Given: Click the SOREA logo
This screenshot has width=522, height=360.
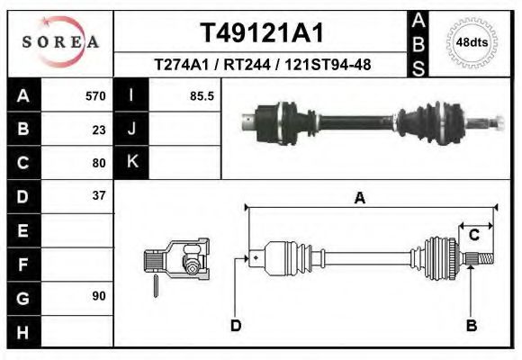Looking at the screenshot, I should coord(60,42).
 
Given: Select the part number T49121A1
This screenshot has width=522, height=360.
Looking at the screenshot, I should coord(261,32).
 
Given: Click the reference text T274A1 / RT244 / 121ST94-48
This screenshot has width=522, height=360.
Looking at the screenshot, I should coord(261,65).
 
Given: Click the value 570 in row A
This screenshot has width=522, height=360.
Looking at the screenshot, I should coord(95,96).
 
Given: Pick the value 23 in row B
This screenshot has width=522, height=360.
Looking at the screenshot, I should coord(99,130).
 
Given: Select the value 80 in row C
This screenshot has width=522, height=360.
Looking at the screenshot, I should coord(99,163).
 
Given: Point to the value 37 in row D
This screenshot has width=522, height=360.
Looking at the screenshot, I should coord(99,195).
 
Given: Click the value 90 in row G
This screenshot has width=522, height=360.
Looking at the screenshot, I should coord(99,296).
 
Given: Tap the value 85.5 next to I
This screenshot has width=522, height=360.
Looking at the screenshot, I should coord(202,96).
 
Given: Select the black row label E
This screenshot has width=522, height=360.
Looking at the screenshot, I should coord(22,230).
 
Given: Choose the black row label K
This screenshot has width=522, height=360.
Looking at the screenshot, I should coord(131,163).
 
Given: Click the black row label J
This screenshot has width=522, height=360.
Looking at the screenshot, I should coord(131,130).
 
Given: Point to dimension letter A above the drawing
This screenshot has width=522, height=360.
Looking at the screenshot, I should coord(359,199).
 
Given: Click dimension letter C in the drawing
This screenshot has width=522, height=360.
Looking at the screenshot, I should coord(473,236).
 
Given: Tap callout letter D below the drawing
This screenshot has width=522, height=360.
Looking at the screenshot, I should coord(236,326).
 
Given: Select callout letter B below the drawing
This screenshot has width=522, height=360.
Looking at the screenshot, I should coord(471,326).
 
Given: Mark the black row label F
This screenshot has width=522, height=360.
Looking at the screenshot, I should coord(22,264).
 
